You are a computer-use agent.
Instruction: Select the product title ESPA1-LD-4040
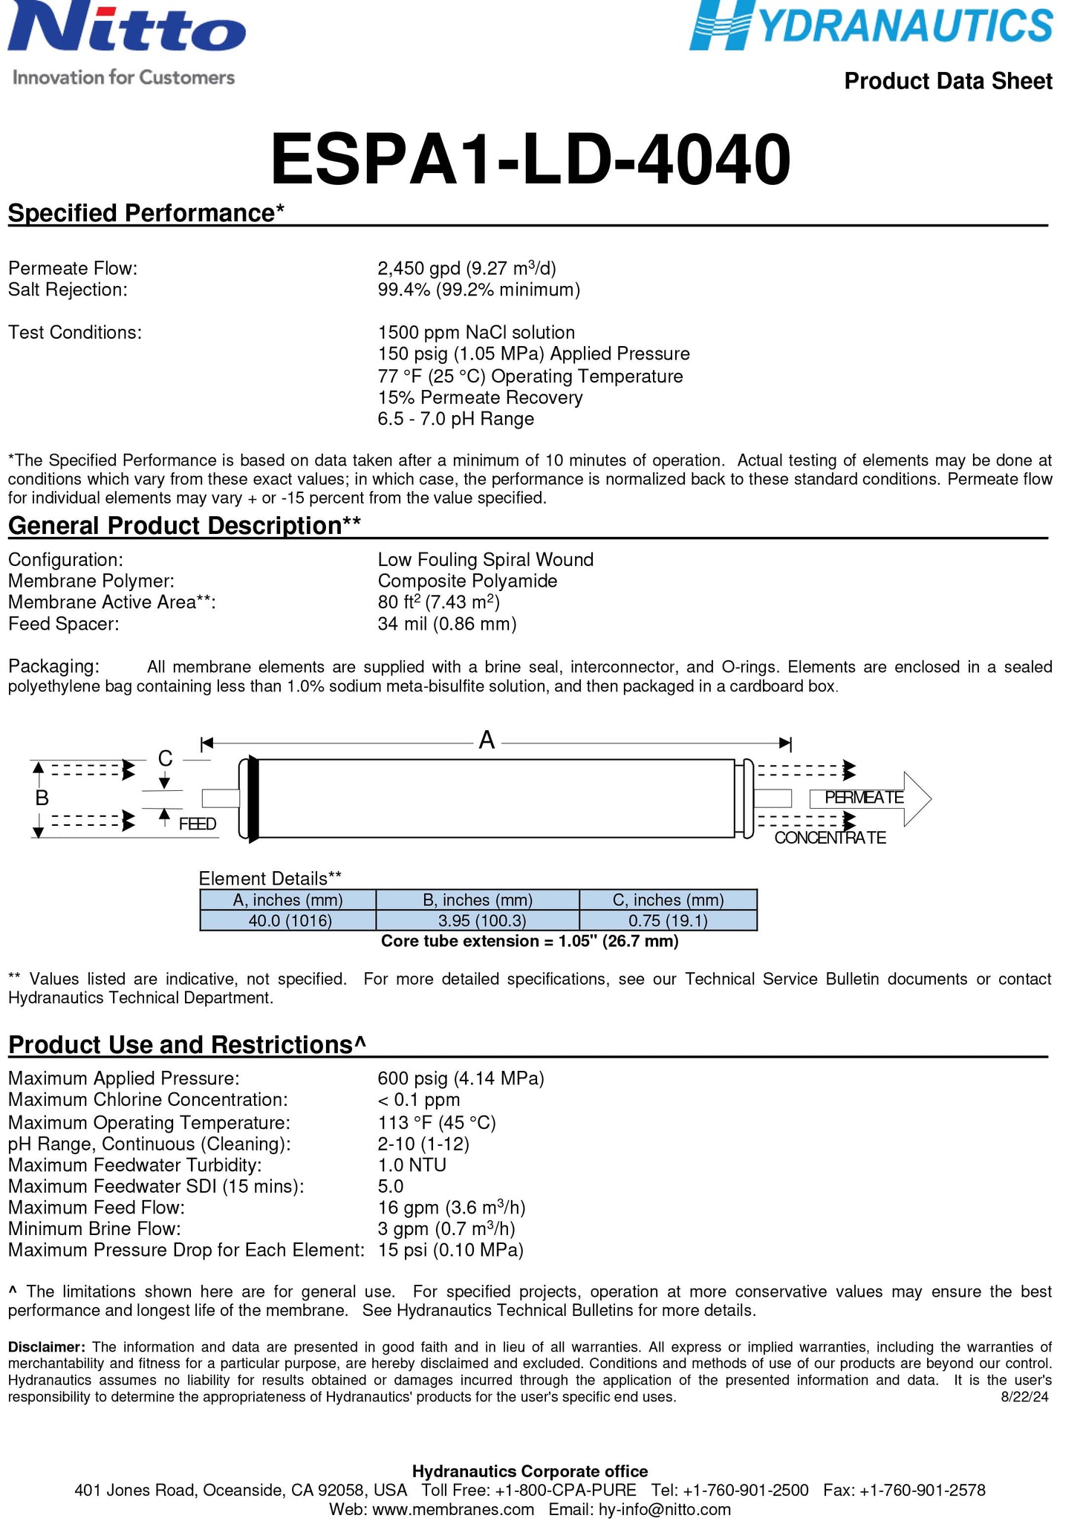[530, 160]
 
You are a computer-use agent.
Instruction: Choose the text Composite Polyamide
[467, 581]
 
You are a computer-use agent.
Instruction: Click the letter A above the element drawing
[487, 740]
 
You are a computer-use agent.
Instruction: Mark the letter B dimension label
[42, 798]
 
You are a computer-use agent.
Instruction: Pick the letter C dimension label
[165, 758]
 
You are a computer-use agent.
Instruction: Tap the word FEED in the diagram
[198, 824]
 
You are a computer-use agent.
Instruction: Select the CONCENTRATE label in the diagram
[830, 838]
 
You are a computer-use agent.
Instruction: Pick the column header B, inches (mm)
[478, 900]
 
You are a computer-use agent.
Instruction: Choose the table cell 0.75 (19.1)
[668, 921]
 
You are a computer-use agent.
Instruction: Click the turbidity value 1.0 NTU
[412, 1165]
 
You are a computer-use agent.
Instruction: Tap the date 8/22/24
[1024, 1397]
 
